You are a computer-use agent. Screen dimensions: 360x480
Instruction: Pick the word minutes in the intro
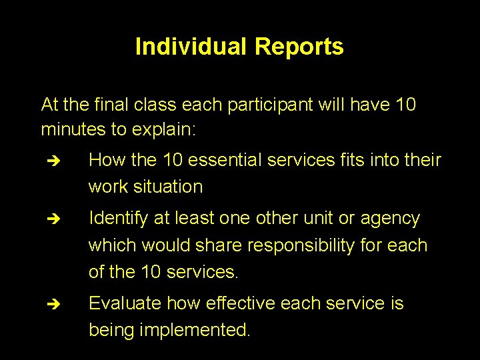pyautogui.click(x=73, y=129)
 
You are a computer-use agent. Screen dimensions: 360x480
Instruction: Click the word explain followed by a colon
pyautogui.click(x=164, y=129)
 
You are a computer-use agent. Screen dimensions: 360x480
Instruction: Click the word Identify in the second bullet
pyautogui.click(x=120, y=219)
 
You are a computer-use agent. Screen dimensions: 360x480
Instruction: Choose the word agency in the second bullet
pyautogui.click(x=390, y=219)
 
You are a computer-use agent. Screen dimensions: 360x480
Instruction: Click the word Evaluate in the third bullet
pyautogui.click(x=125, y=303)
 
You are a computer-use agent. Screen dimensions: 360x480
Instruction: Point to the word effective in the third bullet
pyautogui.click(x=241, y=303)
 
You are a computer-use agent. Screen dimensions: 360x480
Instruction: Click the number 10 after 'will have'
pyautogui.click(x=405, y=105)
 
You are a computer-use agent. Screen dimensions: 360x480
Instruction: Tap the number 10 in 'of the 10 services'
pyautogui.click(x=151, y=272)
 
